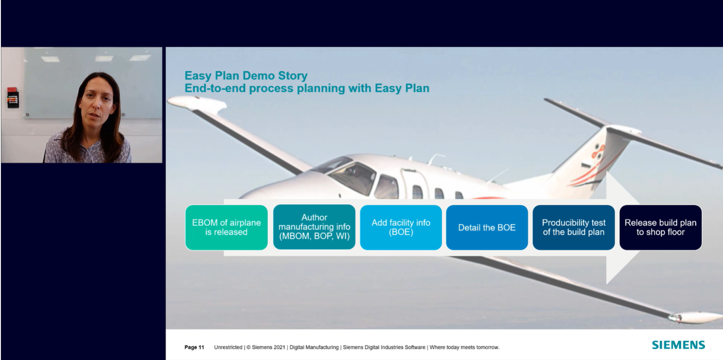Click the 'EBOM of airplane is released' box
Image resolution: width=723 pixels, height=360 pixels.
(226, 227)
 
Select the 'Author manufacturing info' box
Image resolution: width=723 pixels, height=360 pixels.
(314, 227)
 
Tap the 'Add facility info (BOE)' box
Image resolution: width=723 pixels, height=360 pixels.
(401, 227)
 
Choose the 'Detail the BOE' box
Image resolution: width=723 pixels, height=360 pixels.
(487, 227)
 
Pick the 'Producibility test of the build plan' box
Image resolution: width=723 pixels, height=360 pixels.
(574, 227)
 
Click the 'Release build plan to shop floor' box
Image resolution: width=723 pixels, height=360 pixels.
(660, 227)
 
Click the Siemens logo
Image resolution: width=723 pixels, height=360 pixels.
(678, 345)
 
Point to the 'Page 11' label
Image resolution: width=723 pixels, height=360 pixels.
(194, 347)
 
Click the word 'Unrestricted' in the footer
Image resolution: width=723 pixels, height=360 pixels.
(228, 347)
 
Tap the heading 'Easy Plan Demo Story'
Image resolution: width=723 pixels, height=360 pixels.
(246, 75)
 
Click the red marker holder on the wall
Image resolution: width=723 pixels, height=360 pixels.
(13, 98)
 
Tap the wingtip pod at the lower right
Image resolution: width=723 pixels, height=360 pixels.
(694, 317)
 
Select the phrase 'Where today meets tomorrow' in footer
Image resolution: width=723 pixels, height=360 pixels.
(465, 347)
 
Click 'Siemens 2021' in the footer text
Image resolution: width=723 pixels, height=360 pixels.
(268, 347)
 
